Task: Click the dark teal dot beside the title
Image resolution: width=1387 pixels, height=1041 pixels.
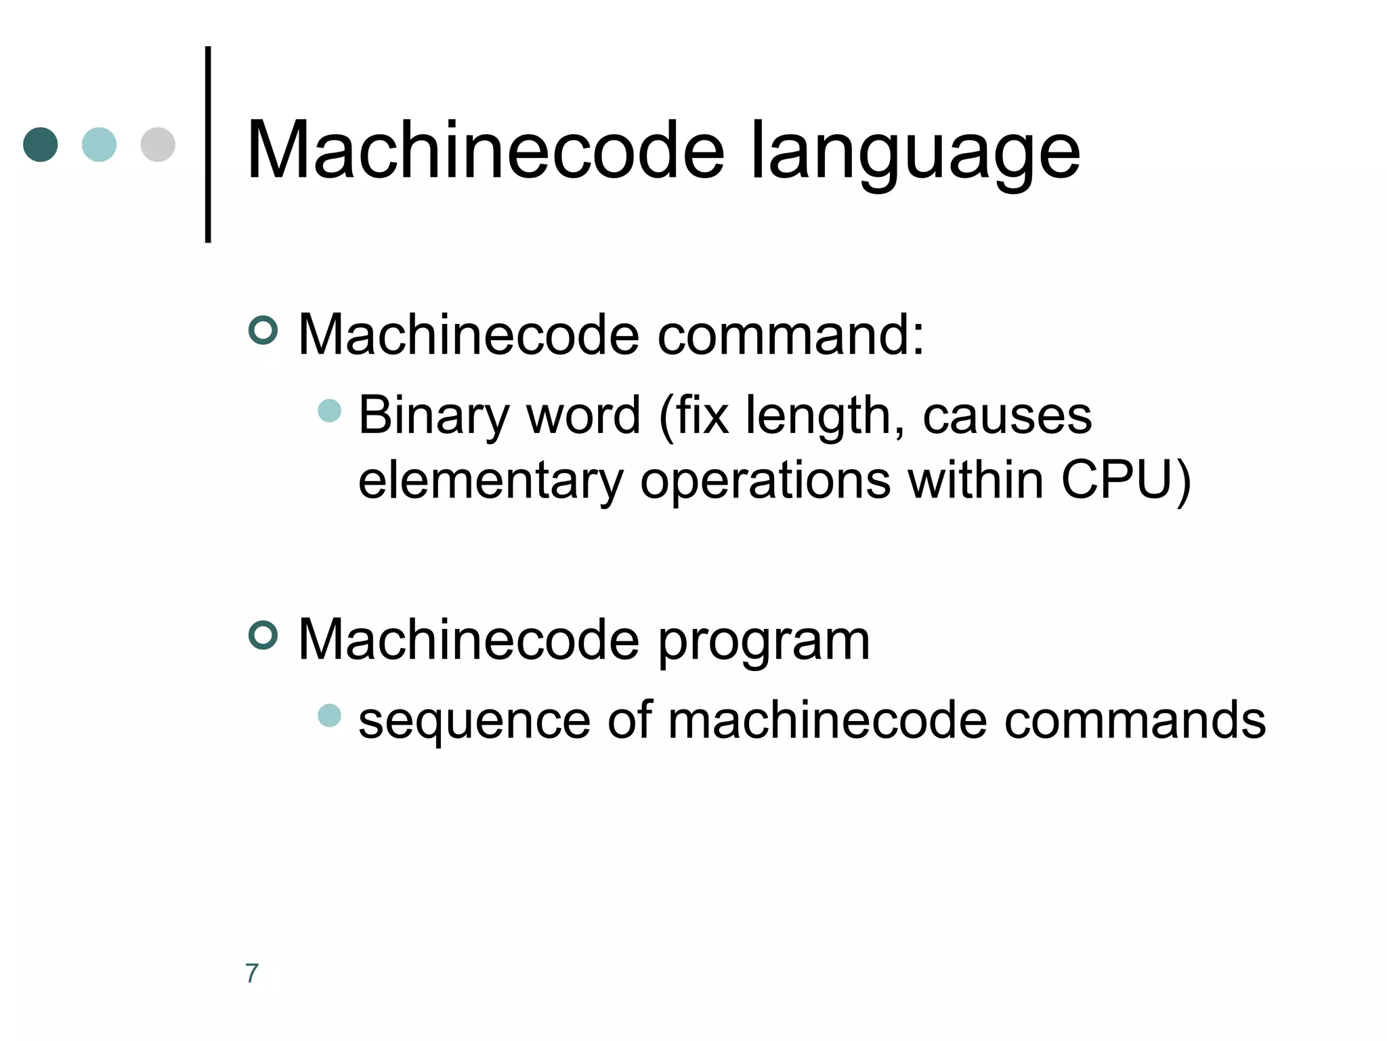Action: [41, 144]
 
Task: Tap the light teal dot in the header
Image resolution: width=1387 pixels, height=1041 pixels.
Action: [99, 144]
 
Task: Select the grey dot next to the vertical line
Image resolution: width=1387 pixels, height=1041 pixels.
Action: [158, 144]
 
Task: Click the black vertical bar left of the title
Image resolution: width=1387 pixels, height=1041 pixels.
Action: [208, 144]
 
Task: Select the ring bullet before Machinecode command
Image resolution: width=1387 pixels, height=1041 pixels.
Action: [263, 330]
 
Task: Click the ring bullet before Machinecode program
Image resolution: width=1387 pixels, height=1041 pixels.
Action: [263, 636]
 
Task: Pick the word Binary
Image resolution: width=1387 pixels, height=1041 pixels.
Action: [433, 416]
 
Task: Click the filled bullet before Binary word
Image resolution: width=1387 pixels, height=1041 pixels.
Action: [329, 411]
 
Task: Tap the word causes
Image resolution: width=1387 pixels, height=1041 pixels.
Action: [1007, 416]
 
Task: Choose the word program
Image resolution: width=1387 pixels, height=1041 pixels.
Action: [763, 642]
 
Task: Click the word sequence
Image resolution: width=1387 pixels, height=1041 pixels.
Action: [474, 721]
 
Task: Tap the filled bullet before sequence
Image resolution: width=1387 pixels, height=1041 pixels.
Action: [329, 716]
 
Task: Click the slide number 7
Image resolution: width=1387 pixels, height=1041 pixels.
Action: [252, 973]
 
